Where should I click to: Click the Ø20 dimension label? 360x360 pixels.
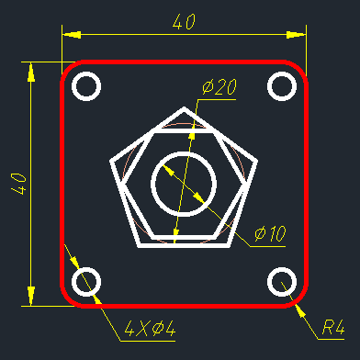(219, 87)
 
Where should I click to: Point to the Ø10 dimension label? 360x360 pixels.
(270, 234)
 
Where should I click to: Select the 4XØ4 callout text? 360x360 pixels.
(150, 329)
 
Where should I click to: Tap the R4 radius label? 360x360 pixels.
(333, 327)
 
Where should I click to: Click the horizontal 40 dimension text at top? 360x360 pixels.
(184, 22)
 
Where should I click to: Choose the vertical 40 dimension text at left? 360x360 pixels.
(18, 184)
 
